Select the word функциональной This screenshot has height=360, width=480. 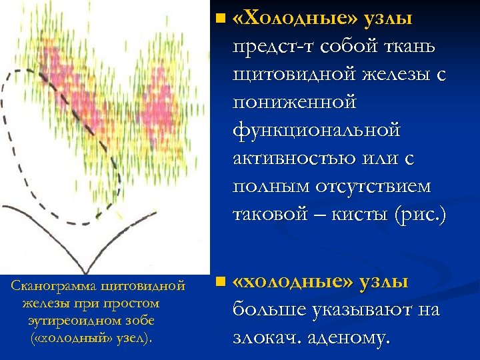tap(317, 129)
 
